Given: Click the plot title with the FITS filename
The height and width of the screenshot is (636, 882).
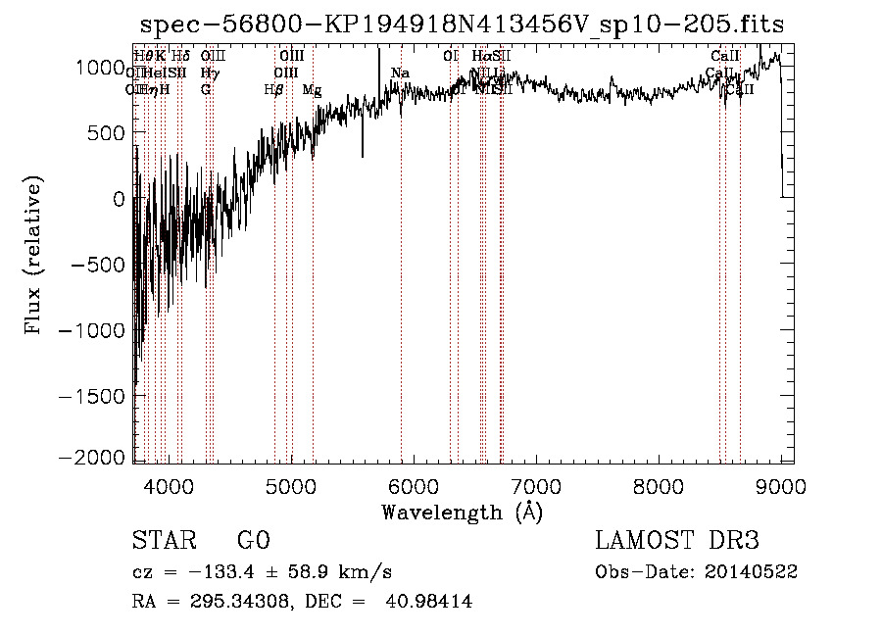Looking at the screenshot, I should [462, 24].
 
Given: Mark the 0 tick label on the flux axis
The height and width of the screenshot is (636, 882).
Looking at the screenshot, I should [119, 198].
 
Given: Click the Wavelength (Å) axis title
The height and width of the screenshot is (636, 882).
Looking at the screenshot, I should [462, 512].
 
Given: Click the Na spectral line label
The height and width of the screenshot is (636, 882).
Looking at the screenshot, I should [400, 73].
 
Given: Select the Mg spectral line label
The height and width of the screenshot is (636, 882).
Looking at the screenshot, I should [311, 90].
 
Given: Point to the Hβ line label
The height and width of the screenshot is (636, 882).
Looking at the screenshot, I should [273, 90].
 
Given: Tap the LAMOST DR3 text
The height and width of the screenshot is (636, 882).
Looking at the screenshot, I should [676, 541].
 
